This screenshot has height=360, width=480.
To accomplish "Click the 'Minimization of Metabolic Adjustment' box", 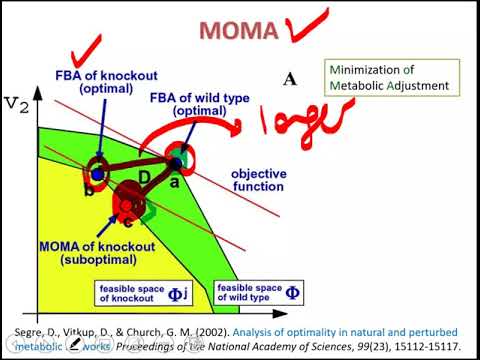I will pyautogui.click(x=392, y=77).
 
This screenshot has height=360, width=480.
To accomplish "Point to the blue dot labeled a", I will pyautogui.click(x=177, y=162).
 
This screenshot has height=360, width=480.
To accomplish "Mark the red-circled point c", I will pyautogui.click(x=128, y=205).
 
